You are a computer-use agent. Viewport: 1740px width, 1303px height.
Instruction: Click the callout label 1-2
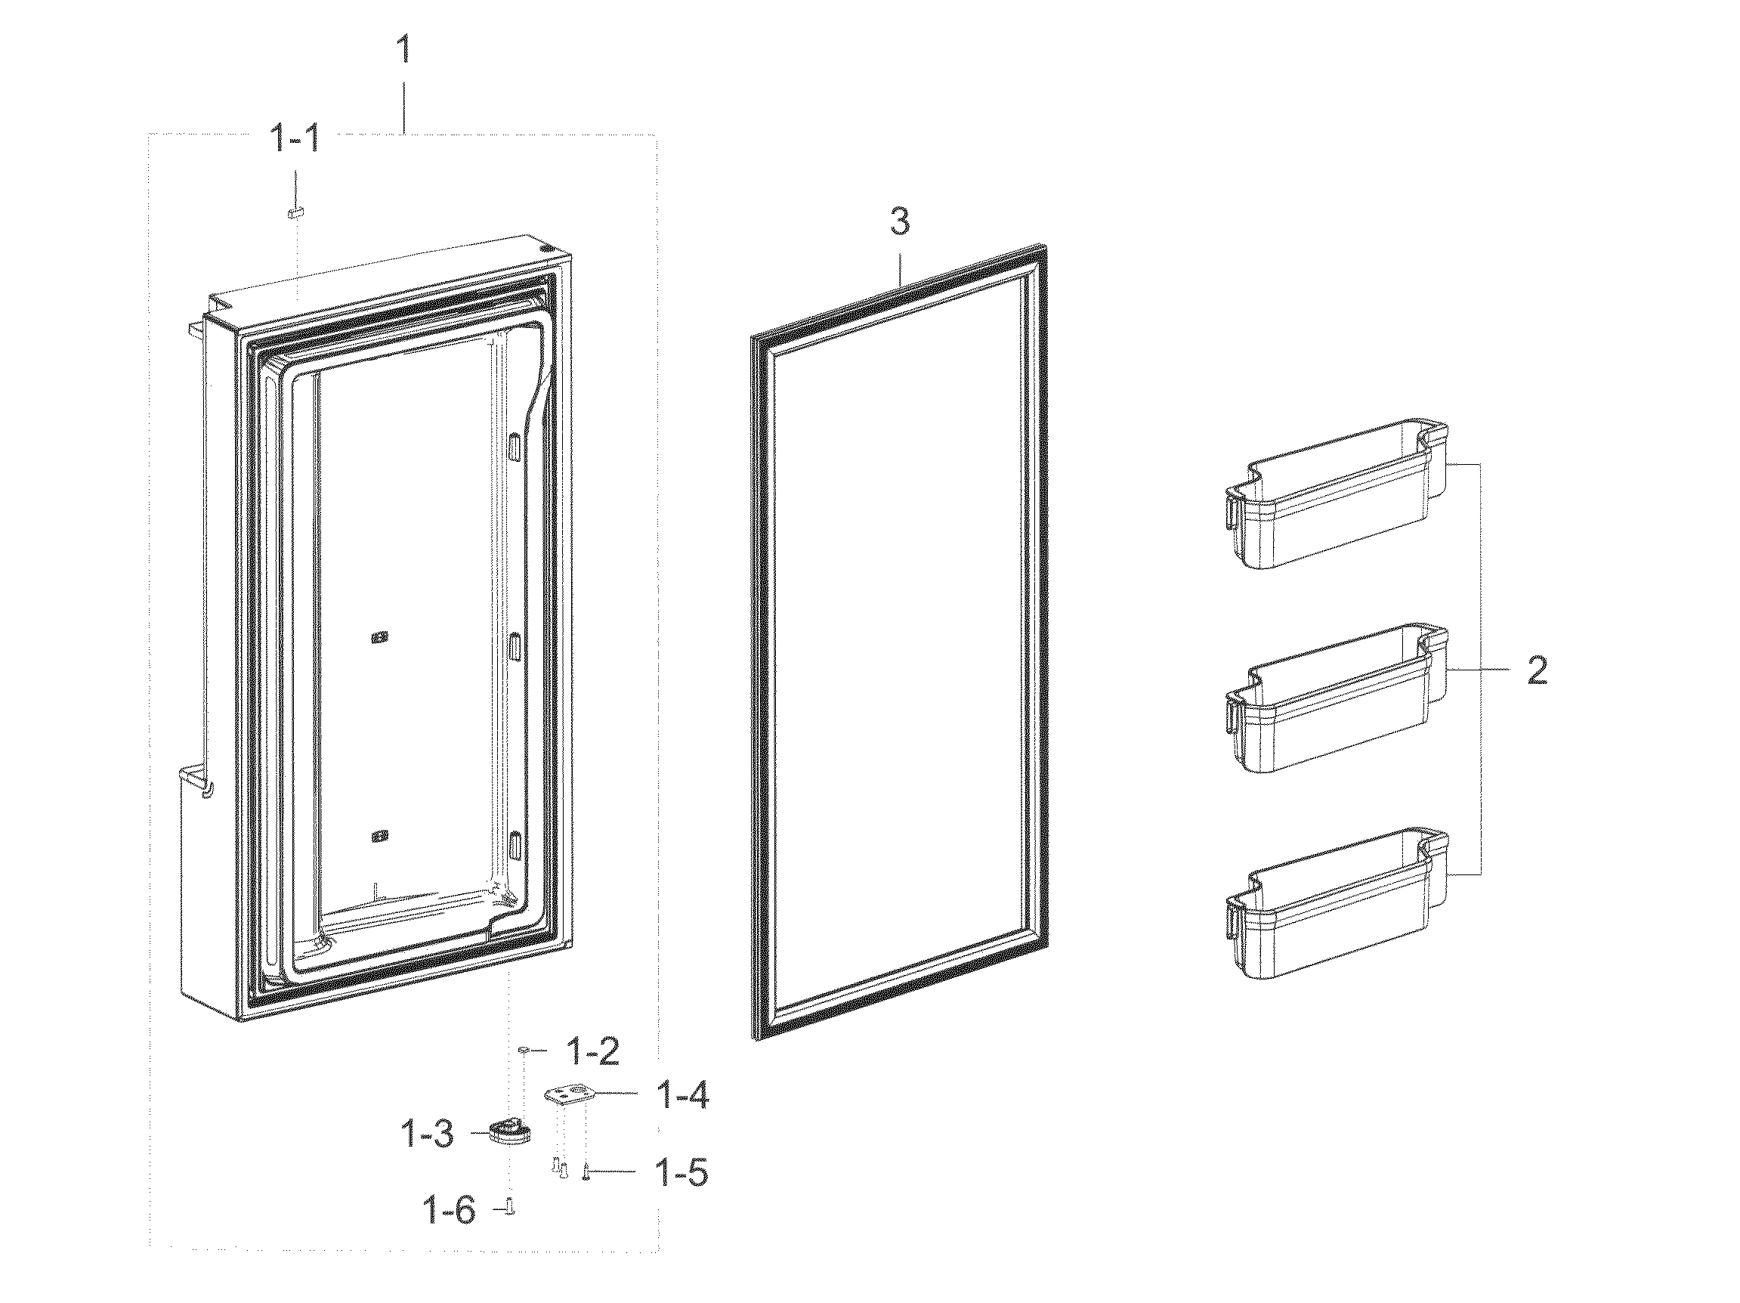tap(593, 1051)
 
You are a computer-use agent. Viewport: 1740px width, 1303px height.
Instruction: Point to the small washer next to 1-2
tap(523, 1050)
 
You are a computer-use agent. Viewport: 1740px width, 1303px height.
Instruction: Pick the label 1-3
tap(427, 1134)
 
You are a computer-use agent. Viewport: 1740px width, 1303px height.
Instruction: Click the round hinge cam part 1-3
tap(510, 1133)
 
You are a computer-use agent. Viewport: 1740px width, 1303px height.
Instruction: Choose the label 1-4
tap(681, 1095)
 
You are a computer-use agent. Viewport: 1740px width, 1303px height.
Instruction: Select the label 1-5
tap(681, 1172)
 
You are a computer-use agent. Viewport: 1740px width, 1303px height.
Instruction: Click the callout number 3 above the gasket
tap(899, 222)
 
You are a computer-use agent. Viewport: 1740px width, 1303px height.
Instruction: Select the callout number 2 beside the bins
tap(1537, 670)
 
